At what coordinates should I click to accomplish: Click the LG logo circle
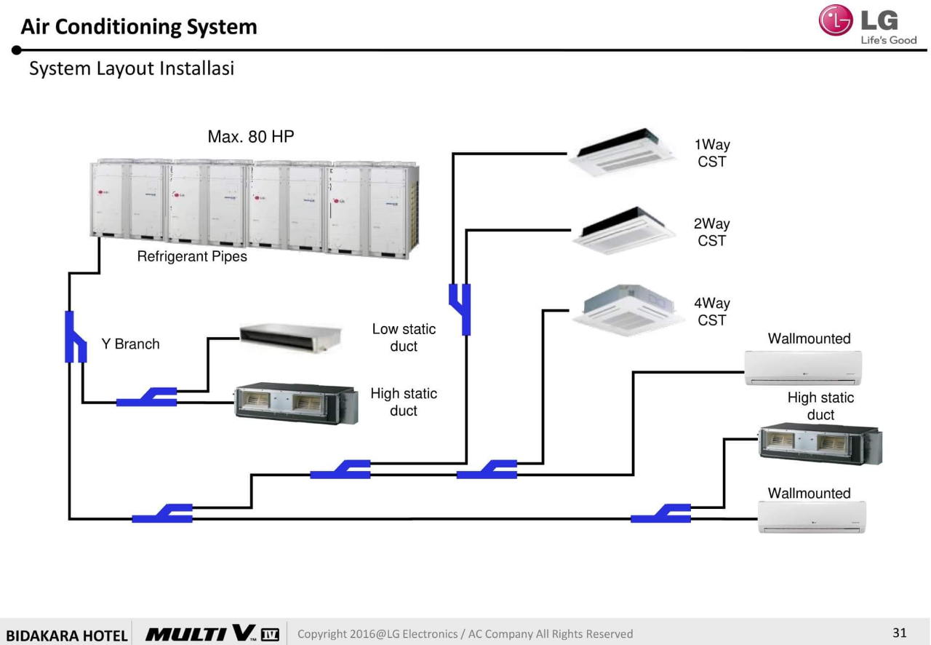pos(835,20)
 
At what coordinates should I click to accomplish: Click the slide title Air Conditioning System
pos(139,27)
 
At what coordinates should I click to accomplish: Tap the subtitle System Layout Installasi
pos(132,68)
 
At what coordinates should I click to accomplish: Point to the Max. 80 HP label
pos(251,137)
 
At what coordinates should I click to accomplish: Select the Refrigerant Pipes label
pos(192,256)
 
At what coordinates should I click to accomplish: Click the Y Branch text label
pos(130,344)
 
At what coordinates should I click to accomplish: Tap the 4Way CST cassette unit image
pos(628,309)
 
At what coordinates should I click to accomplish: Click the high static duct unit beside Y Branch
pos(296,403)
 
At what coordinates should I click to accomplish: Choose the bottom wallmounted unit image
pos(812,518)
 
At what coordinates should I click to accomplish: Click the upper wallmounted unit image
pos(803,368)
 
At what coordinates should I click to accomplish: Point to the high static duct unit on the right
pos(820,443)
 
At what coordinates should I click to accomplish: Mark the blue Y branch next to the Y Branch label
pos(75,337)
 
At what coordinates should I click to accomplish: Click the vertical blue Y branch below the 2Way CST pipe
pos(460,309)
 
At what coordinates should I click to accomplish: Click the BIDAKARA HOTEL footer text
pos(66,635)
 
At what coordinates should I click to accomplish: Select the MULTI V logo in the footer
pos(212,633)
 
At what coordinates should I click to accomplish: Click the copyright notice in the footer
pos(465,634)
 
